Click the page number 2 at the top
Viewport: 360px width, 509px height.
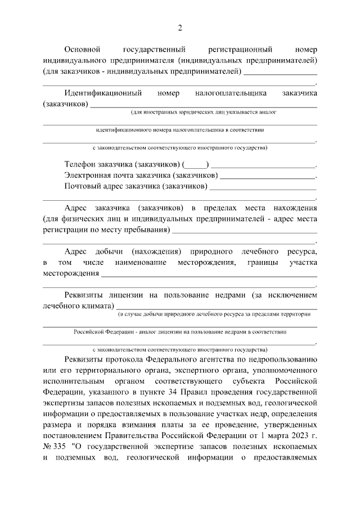pyautogui.click(x=180, y=28)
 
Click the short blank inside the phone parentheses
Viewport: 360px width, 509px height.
pyautogui.click(x=196, y=165)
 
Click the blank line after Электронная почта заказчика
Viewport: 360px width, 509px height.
pyautogui.click(x=268, y=175)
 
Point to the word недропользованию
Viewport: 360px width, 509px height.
pyautogui.click(x=281, y=358)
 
